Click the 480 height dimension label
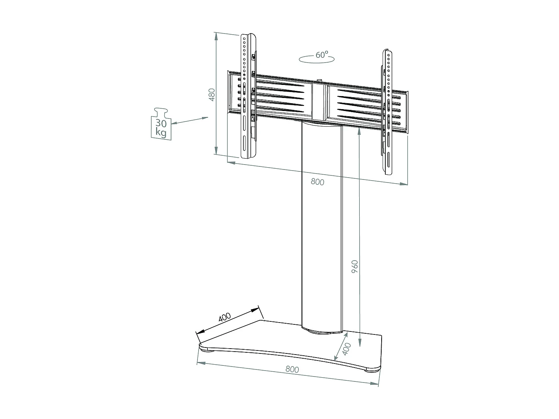click(x=211, y=95)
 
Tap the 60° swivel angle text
click(x=321, y=55)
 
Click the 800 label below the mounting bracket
click(x=317, y=182)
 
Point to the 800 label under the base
click(x=292, y=369)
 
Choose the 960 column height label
click(x=354, y=267)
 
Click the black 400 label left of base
click(x=225, y=317)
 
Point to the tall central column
click(x=321, y=223)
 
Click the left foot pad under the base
click(x=207, y=350)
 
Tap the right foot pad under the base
click(x=373, y=370)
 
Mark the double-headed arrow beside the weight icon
click(x=189, y=121)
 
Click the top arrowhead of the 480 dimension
click(x=215, y=35)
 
